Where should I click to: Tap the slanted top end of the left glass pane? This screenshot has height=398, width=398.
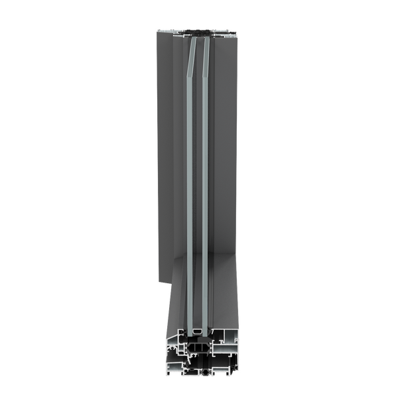(190, 50)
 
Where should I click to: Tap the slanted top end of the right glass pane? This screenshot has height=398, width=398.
(206, 50)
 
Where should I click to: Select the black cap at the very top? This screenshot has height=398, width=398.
(197, 31)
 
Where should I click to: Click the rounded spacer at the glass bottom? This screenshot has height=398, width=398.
(198, 330)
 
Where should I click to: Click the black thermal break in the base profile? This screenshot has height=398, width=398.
(198, 346)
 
